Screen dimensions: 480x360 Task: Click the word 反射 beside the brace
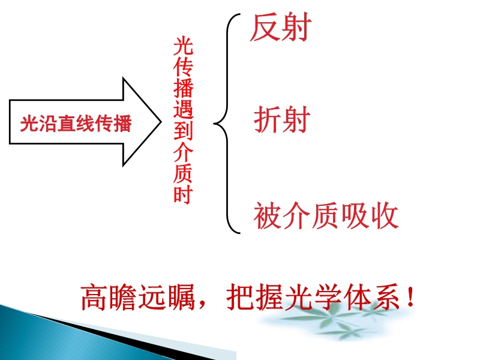[281, 27]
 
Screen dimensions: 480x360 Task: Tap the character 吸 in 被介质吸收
[355, 215]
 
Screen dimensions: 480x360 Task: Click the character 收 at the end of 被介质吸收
[385, 215]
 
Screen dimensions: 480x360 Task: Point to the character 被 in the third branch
[267, 215]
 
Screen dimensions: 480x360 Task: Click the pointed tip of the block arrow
[161, 122]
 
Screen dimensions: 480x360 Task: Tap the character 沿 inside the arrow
[49, 124]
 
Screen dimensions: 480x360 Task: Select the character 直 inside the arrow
[67, 124]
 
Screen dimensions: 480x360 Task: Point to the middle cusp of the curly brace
[214, 124]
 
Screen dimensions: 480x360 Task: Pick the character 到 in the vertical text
[183, 130]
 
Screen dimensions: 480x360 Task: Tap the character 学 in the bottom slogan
[328, 297]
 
